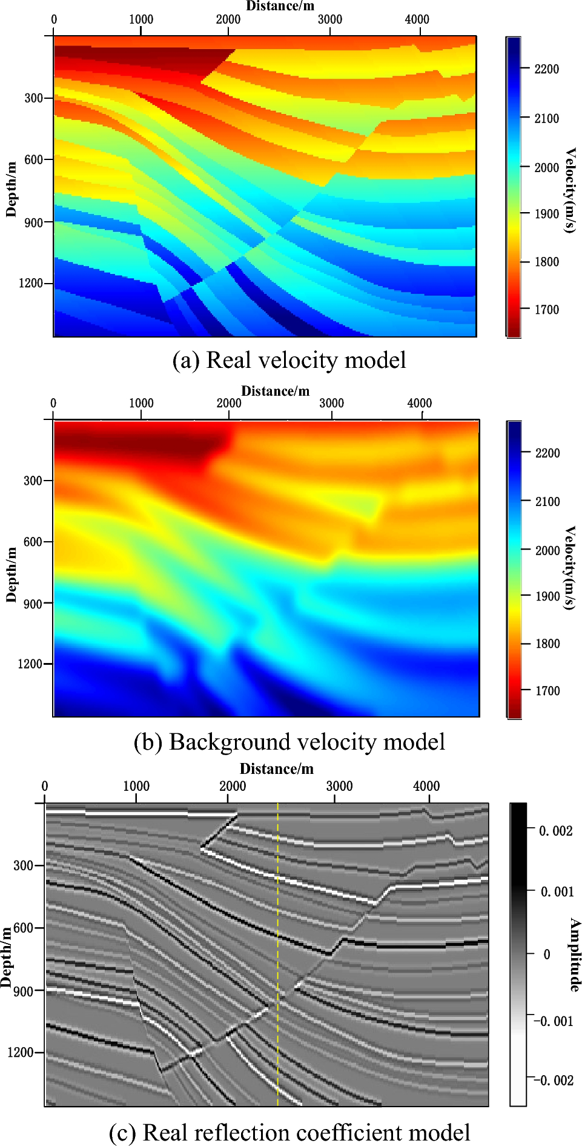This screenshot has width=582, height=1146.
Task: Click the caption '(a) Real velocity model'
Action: (x=289, y=360)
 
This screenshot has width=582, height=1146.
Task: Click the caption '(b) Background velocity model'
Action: (x=289, y=742)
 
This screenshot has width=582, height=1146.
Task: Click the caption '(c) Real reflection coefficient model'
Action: (x=289, y=1132)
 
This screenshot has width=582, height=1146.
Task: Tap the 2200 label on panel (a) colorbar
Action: (x=546, y=69)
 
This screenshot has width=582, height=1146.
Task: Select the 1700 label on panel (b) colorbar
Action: (x=547, y=690)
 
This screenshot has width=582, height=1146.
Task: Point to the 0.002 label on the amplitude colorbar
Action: (x=556, y=830)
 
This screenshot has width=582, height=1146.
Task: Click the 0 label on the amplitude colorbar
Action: (x=547, y=954)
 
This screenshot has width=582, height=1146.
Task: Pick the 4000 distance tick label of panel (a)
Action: (x=417, y=19)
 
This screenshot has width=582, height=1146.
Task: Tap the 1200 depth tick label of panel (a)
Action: (x=30, y=283)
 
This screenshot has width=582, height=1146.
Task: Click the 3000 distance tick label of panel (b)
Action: (x=331, y=403)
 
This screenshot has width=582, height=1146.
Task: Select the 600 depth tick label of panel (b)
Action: (x=33, y=542)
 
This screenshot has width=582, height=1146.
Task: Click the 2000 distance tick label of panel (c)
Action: (x=232, y=786)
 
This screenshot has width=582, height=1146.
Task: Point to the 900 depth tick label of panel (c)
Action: (x=23, y=991)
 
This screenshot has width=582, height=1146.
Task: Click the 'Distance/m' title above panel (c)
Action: (x=277, y=769)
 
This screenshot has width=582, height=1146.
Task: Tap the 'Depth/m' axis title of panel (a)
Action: (x=11, y=189)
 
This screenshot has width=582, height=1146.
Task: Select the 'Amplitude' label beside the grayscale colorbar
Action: (x=574, y=954)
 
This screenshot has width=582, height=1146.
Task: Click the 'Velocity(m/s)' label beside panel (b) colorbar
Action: (x=570, y=568)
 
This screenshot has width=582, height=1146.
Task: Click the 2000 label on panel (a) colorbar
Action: (x=546, y=167)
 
